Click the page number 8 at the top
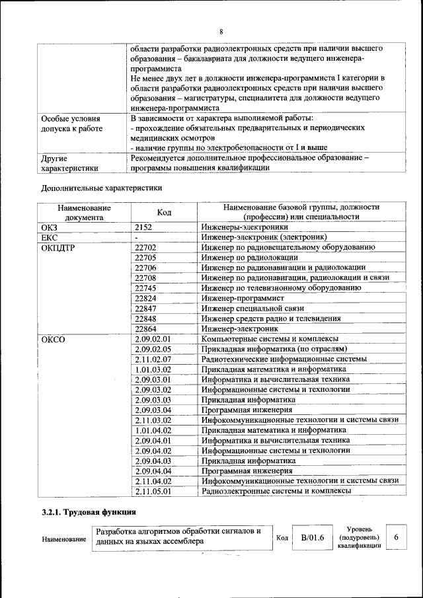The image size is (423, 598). (221, 32)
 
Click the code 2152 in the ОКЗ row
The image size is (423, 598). (144, 227)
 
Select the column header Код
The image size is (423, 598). (164, 212)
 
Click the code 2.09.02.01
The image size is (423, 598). (153, 339)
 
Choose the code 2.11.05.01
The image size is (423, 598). (153, 491)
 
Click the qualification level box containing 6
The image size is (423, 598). (396, 537)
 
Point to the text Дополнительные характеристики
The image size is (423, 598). (102, 188)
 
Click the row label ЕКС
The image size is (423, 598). (50, 237)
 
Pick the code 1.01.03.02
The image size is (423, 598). (153, 369)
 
